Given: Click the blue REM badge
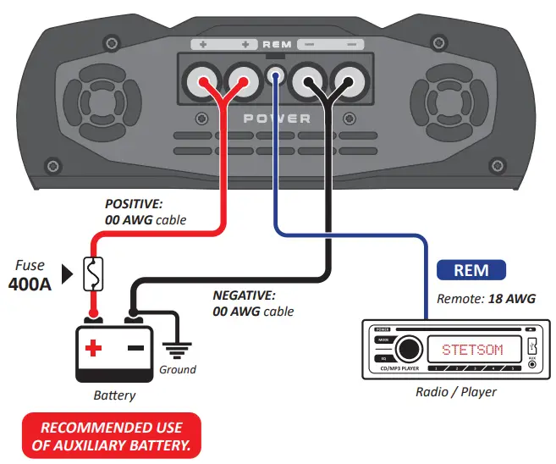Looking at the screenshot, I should coord(471,270).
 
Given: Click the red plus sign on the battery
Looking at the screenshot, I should coord(93,347).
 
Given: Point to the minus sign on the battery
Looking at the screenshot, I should coord(133,347).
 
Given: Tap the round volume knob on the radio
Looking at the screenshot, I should coord(409,347).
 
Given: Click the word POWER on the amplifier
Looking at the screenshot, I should coord(278,119).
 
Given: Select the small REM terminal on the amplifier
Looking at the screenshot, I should coord(274,77).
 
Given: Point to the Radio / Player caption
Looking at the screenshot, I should coord(456,392).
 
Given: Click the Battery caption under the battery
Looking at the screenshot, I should coord(113,395).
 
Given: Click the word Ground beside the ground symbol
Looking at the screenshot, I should coord(178,369).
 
